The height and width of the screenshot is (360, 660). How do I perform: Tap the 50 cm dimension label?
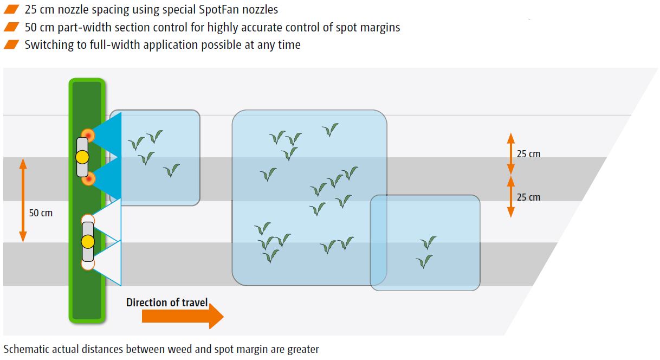click(x=41, y=213)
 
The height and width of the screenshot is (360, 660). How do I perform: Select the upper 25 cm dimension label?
click(x=528, y=154)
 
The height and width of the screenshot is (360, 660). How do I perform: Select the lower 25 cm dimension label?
click(x=528, y=197)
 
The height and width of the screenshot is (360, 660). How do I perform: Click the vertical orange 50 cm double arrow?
click(x=23, y=200)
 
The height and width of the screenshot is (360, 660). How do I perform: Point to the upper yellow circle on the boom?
click(x=82, y=157)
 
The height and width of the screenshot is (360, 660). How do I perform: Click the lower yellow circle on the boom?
click(x=88, y=241)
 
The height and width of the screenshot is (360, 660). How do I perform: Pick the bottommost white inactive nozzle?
click(x=88, y=264)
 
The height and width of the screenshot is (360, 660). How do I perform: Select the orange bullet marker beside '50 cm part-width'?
click(x=11, y=27)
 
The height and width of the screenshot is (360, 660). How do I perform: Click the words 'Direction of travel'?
click(x=167, y=303)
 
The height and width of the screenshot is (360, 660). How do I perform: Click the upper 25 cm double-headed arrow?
click(x=510, y=153)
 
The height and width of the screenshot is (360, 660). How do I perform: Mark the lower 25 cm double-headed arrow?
click(x=510, y=196)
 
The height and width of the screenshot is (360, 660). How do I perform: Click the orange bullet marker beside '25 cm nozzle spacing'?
click(x=11, y=10)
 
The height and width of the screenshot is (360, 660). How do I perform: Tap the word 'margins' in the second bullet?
click(x=379, y=27)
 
